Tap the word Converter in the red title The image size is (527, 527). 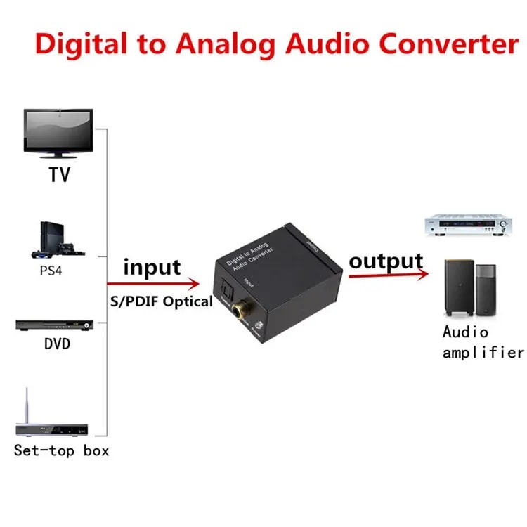coord(438,43)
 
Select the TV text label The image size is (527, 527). coord(60,174)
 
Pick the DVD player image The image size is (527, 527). coord(55,325)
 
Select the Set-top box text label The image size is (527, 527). coord(62,450)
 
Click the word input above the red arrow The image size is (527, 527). coord(152,267)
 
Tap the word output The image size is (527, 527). coord(386,261)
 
